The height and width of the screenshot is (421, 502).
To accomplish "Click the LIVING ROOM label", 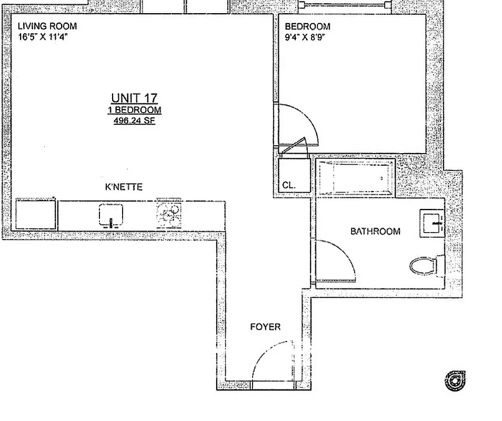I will [47, 26].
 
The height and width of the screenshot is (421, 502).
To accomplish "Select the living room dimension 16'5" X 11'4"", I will [43, 37].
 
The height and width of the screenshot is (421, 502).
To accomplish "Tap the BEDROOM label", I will [307, 27].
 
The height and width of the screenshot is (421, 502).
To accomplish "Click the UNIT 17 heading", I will [134, 98].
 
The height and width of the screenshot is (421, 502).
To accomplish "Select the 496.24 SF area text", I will [134, 121].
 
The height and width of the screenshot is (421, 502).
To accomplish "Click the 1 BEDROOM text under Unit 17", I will [134, 110].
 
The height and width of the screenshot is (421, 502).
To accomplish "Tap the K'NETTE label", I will [124, 187].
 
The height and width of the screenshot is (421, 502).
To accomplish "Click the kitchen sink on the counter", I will [112, 215].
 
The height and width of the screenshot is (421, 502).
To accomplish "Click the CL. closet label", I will [289, 186].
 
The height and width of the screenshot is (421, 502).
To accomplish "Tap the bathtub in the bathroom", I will [356, 178].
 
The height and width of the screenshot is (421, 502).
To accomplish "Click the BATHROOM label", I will [375, 231].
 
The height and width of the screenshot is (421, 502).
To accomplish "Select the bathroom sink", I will [432, 222].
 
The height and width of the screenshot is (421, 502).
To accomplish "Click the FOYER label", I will [265, 327].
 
